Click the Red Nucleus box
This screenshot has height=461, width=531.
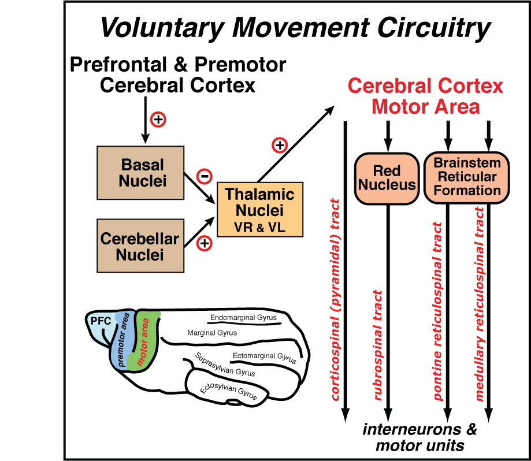click(387, 178)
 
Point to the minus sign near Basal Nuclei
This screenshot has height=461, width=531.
click(204, 175)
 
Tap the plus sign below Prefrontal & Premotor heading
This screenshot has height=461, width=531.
click(158, 120)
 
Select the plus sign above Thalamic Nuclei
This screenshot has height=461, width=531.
click(280, 145)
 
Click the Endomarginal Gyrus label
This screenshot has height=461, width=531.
click(243, 318)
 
